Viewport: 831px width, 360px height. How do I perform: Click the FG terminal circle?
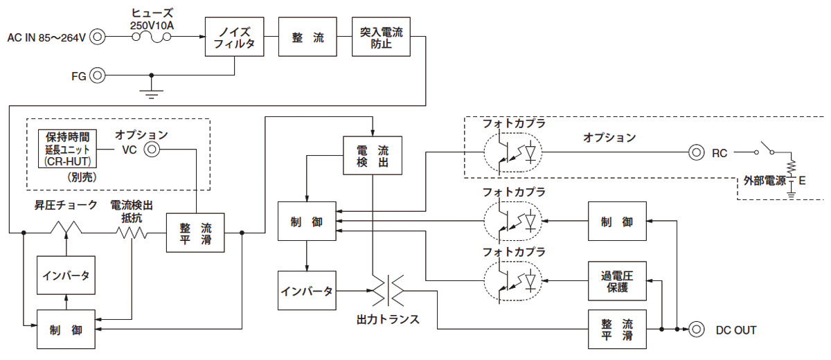tap(99, 75)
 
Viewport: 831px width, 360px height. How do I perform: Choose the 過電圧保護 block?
tap(617, 281)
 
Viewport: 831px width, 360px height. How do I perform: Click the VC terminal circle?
tap(151, 150)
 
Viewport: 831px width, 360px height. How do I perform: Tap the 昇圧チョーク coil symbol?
tap(67, 228)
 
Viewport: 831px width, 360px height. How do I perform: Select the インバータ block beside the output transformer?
tap(306, 291)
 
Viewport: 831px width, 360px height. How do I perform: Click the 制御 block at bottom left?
tap(66, 330)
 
